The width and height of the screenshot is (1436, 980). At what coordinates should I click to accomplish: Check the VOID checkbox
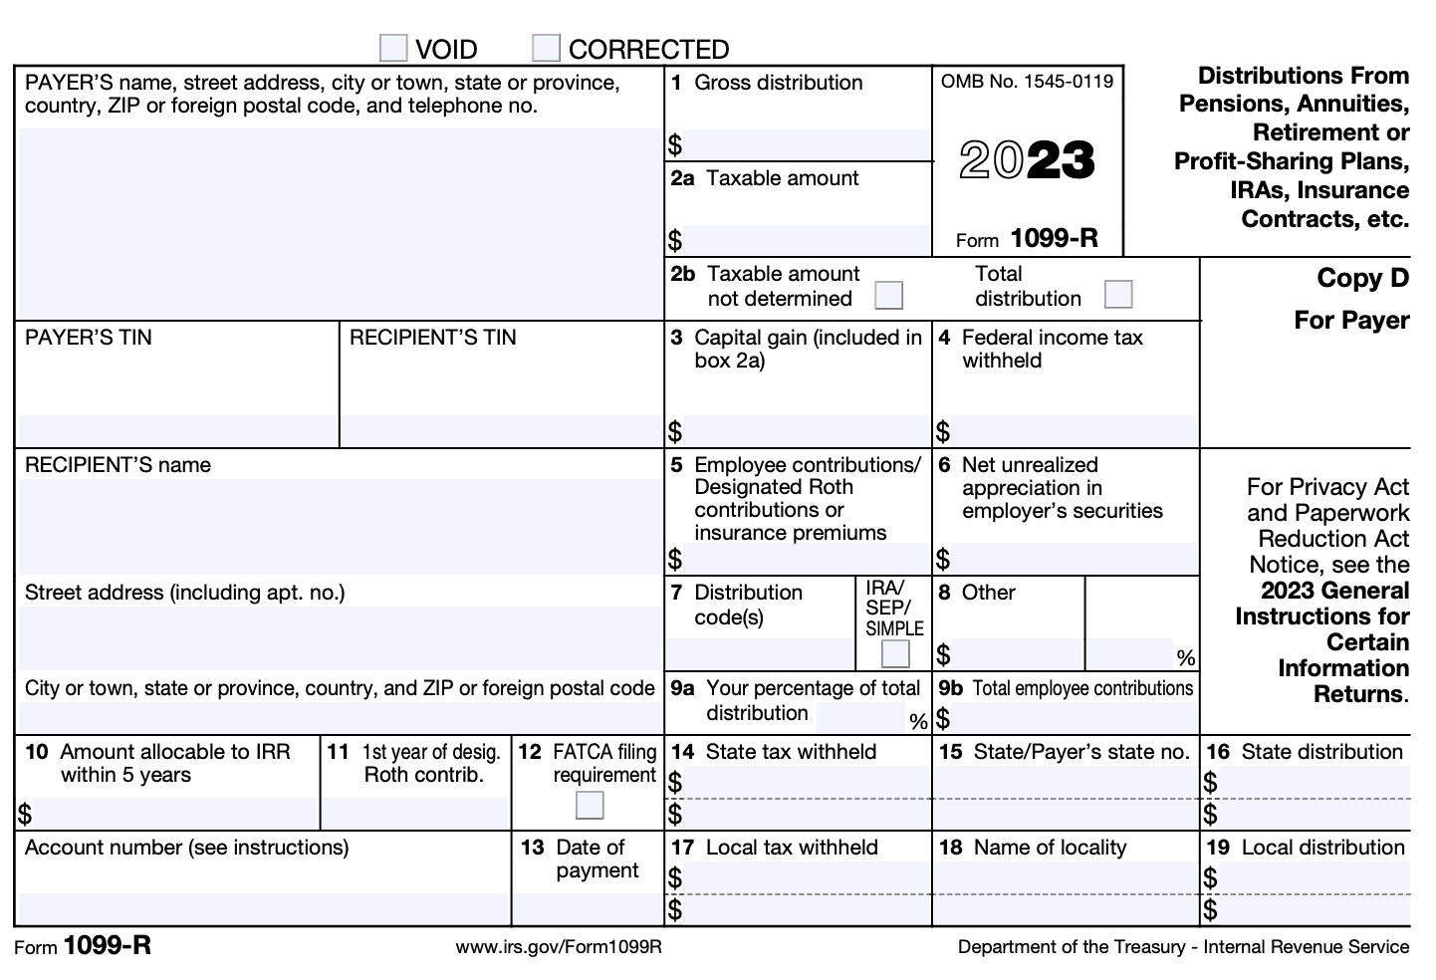(393, 48)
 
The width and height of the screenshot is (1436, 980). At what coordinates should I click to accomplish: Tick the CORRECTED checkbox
(546, 48)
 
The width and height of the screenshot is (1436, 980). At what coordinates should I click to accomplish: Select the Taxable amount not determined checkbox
(888, 295)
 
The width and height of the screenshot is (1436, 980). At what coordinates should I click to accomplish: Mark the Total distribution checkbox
(1118, 295)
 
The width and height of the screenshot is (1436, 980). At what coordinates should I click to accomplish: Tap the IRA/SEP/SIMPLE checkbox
(895, 653)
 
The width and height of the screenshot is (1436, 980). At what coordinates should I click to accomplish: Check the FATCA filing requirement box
(590, 805)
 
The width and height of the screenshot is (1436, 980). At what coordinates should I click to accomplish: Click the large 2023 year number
(1027, 160)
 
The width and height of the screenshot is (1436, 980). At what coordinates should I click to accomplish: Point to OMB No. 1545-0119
(1027, 82)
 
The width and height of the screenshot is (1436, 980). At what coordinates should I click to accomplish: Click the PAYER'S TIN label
(89, 338)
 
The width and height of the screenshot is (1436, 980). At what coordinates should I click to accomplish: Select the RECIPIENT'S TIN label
(432, 338)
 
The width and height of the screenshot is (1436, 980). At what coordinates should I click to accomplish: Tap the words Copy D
(1362, 279)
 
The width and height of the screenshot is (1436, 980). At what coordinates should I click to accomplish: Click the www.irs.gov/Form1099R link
(559, 947)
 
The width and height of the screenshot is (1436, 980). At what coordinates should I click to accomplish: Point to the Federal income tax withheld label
(1052, 349)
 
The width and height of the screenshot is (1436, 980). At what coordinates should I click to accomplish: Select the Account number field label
(186, 848)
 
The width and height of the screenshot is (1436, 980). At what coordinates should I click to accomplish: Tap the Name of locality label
(1050, 848)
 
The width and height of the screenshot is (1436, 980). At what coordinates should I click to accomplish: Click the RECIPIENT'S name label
(118, 465)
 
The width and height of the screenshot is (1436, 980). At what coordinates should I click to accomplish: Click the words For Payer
(1351, 321)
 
